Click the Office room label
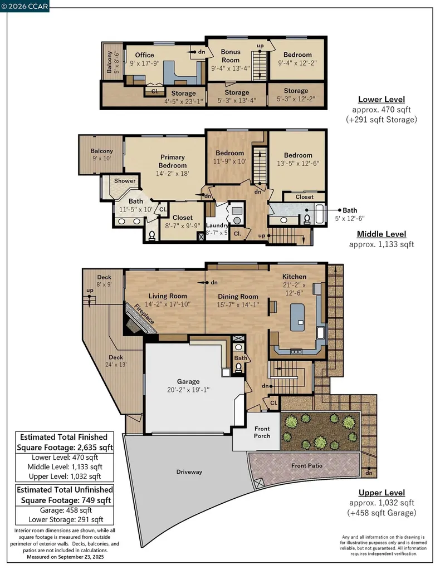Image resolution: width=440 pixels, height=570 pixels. [x=144, y=55]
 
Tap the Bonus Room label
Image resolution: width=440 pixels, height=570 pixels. [x=231, y=56]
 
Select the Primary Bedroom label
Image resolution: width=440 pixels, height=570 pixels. [x=172, y=161]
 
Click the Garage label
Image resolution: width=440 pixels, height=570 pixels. [x=188, y=381]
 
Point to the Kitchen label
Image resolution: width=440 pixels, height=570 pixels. [x=294, y=277]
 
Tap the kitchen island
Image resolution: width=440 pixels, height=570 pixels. [x=300, y=315]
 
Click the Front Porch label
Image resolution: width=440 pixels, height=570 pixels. [x=262, y=432]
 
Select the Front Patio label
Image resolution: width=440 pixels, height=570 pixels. [x=307, y=465]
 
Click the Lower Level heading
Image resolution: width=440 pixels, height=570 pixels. [x=381, y=100]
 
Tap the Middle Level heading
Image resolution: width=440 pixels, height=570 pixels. [x=381, y=234]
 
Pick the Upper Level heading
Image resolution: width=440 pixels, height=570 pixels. [x=382, y=493]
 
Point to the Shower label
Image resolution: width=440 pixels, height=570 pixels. [x=125, y=181]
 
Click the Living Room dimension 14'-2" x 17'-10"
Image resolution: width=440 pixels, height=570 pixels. [x=167, y=304]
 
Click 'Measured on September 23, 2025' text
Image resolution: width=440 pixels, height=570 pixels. [x=65, y=557]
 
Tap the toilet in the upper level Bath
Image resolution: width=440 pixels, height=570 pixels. [x=240, y=368]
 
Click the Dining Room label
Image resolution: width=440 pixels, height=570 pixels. [x=238, y=297]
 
